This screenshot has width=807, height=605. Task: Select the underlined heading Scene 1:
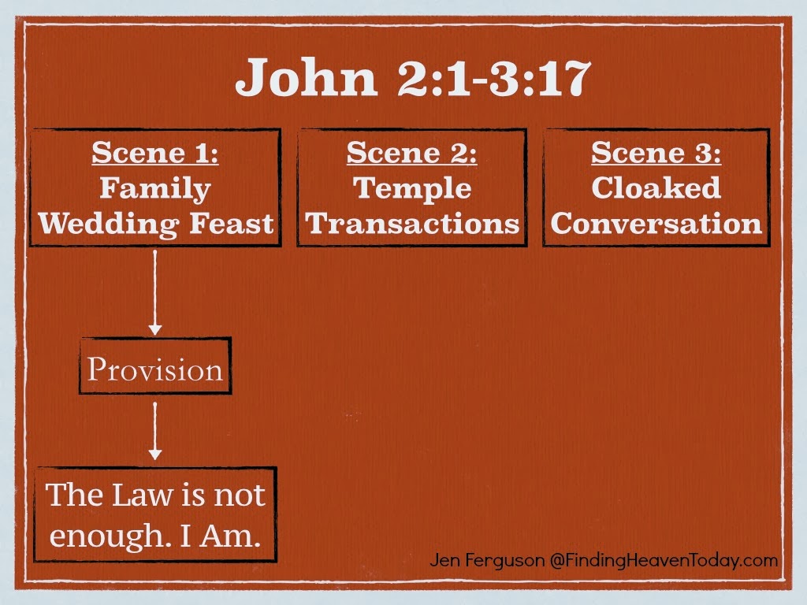(x=155, y=153)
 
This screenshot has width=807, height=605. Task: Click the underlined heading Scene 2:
(x=412, y=153)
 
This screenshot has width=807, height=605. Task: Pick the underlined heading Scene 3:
(x=656, y=153)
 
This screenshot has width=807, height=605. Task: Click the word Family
(x=155, y=189)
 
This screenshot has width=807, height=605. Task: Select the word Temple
(x=412, y=189)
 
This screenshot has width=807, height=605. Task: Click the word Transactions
(x=412, y=225)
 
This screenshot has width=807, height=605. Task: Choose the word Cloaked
(x=656, y=189)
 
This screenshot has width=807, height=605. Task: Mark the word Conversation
(x=656, y=225)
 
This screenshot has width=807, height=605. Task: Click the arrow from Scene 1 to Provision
(x=155, y=291)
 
